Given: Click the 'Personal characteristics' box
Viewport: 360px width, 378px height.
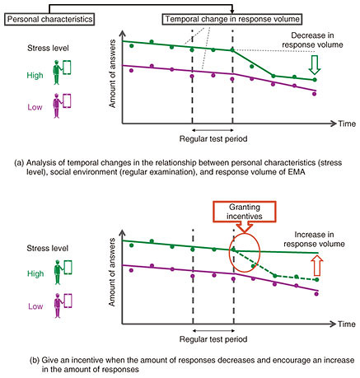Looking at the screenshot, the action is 49,19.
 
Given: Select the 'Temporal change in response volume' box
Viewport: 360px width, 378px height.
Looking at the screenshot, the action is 232,19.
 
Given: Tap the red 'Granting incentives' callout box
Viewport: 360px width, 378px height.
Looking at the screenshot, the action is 245,212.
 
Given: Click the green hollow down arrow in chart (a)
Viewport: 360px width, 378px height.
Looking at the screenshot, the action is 315,65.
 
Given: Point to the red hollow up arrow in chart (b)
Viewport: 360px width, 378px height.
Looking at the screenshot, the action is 318,265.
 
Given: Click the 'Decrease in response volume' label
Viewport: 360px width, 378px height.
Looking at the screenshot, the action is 312,40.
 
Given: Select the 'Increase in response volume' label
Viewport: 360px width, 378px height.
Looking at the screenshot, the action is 314,239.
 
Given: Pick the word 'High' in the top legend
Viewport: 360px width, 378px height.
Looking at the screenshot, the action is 35,75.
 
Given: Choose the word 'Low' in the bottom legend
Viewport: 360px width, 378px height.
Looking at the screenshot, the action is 35,306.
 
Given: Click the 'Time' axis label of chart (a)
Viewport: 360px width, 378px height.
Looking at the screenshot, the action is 347,124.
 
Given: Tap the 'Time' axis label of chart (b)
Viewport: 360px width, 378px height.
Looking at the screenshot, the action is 347,324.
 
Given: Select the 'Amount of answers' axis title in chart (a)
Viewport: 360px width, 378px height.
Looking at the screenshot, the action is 112,73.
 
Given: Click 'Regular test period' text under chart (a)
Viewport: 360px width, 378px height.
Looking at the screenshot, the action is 213,138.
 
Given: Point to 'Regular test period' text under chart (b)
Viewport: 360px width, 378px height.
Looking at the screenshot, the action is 213,339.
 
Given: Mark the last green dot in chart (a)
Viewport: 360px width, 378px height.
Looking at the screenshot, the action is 315,80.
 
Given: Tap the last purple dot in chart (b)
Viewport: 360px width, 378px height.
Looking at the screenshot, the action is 316,294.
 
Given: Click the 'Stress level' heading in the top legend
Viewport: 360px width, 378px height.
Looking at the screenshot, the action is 48,49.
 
